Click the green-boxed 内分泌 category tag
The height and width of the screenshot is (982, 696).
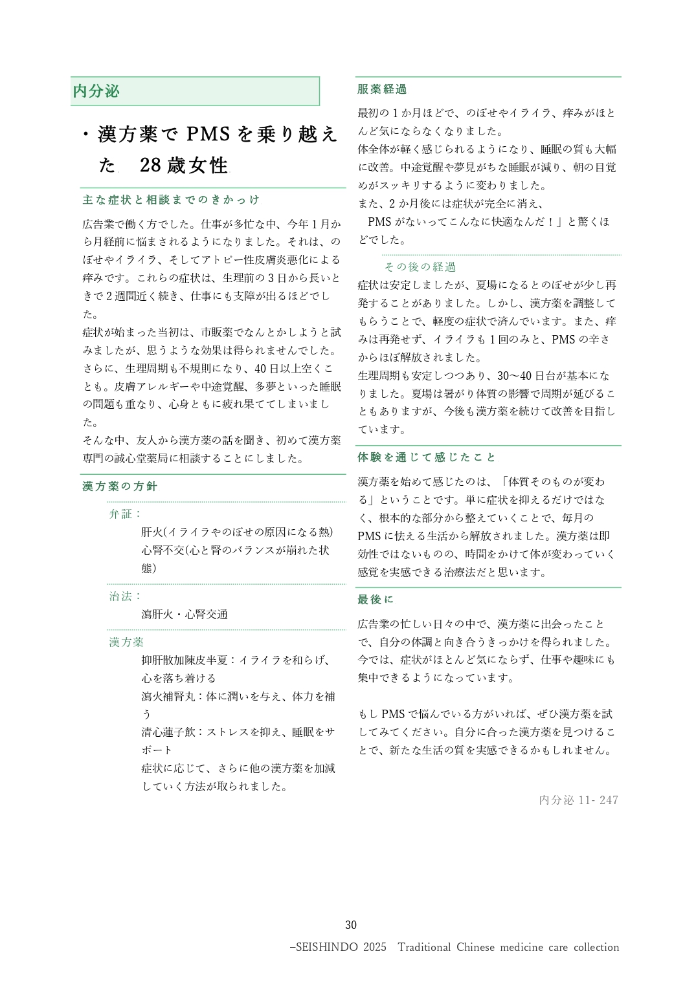[96, 91]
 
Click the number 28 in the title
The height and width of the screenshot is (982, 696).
[150, 166]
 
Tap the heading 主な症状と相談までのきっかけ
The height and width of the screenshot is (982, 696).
[171, 200]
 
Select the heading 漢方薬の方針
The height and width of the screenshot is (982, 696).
[120, 486]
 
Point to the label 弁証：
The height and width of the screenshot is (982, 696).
[125, 514]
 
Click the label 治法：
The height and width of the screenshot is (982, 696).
[125, 596]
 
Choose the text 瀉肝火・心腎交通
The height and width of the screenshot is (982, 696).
[185, 615]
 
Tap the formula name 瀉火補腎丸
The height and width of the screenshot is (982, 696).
[168, 697]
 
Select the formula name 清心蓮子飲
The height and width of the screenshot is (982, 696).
[168, 732]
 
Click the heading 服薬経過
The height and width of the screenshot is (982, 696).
[382, 89]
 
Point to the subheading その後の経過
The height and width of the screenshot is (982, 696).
[420, 267]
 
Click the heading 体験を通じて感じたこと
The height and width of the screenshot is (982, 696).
[427, 457]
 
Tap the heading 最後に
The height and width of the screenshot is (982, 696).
[376, 600]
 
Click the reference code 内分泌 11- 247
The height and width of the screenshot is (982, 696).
[578, 800]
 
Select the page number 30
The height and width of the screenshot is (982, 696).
[351, 925]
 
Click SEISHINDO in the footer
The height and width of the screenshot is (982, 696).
[326, 947]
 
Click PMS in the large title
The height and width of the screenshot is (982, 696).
[208, 134]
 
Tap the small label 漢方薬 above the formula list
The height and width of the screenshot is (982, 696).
[126, 642]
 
